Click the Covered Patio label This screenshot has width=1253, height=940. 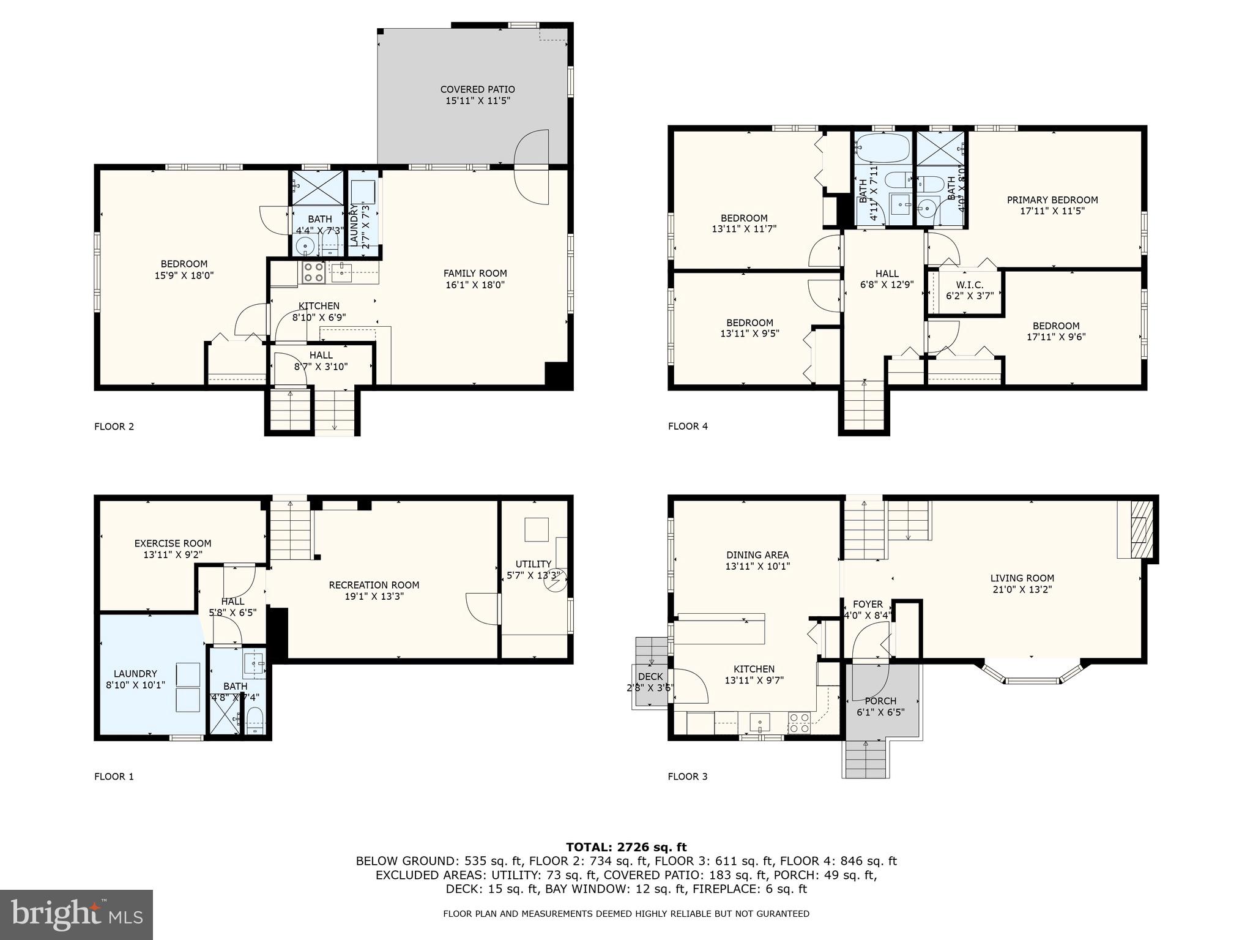[477, 89]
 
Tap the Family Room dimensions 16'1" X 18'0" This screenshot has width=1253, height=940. [475, 285]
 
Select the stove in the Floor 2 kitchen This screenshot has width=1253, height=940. [313, 272]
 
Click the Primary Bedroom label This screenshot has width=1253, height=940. [1052, 200]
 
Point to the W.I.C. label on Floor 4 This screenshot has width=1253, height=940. [969, 285]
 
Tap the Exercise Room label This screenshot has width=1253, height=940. [173, 543]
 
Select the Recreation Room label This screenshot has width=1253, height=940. [374, 585]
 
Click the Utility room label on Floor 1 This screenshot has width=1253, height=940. [533, 564]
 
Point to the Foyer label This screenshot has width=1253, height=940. [868, 604]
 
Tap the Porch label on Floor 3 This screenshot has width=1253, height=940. [880, 701]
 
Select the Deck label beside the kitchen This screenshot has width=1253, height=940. [650, 677]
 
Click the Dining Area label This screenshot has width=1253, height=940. [757, 555]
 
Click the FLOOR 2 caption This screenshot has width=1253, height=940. [114, 427]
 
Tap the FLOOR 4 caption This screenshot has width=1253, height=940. [688, 427]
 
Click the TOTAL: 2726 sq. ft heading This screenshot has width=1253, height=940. [626, 848]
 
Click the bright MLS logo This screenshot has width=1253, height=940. [76, 915]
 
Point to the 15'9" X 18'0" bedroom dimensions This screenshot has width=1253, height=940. [184, 275]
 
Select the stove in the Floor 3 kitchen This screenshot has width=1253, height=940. [799, 723]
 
